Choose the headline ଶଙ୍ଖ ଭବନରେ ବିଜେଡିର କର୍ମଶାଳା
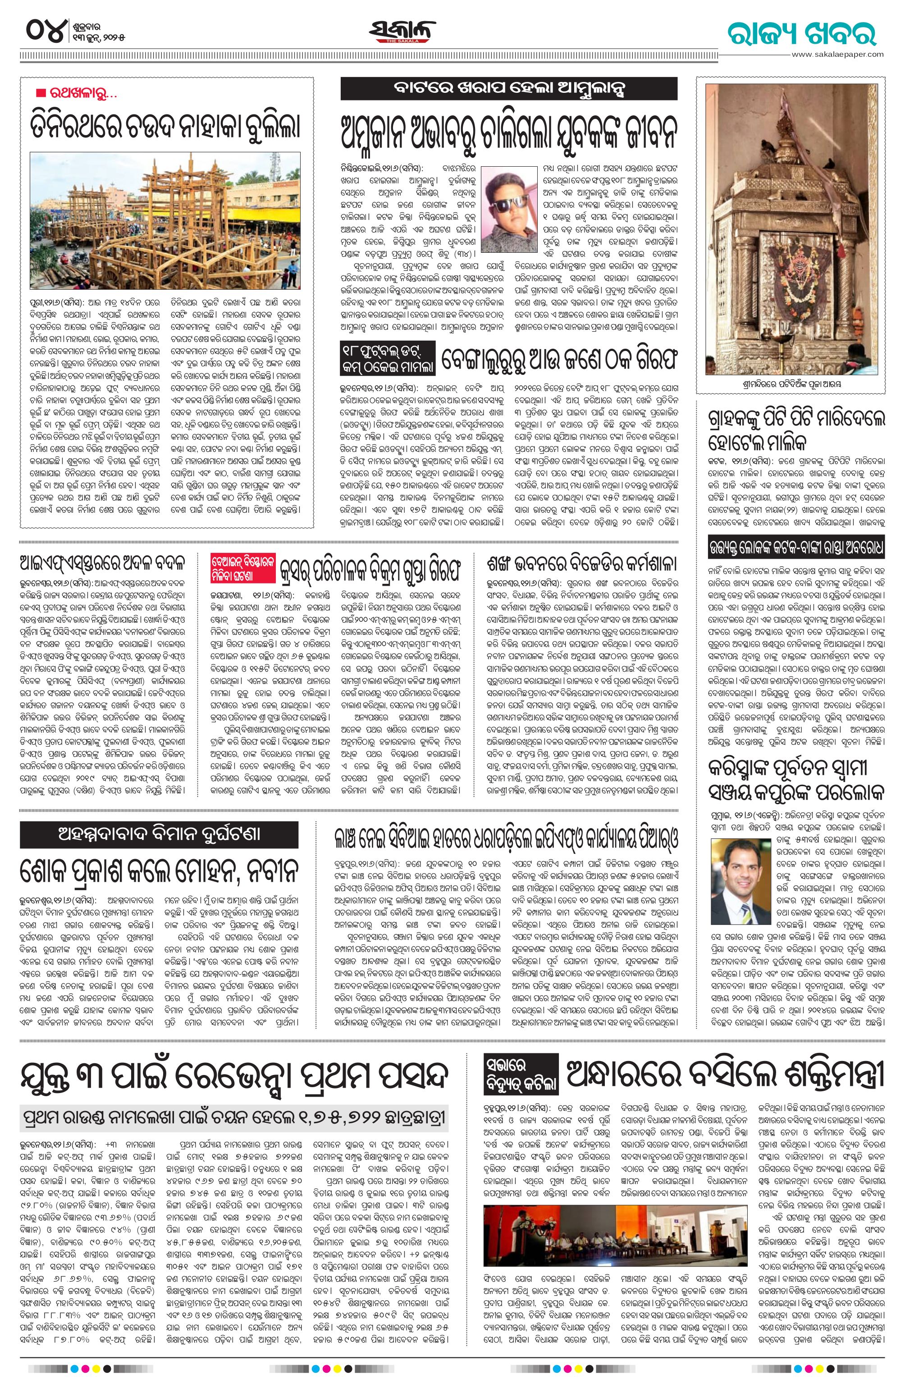click(x=581, y=564)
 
